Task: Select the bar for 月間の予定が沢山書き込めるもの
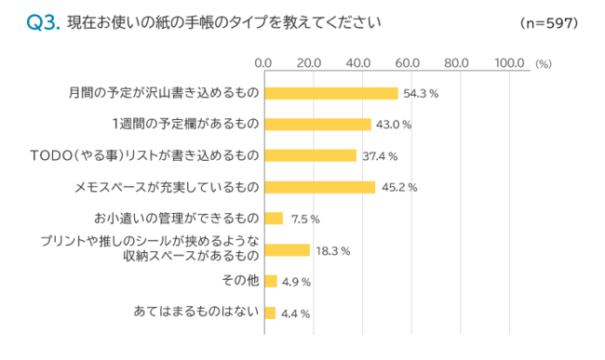[330, 93]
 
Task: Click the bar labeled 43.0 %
[317, 124]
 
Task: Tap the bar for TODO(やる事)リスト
[310, 155]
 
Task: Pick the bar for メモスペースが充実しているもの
[319, 187]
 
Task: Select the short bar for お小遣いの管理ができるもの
[274, 219]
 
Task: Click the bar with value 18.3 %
[287, 250]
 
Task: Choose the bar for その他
[270, 281]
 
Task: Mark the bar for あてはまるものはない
[270, 313]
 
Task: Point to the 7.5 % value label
[305, 220]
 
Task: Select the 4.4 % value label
[295, 313]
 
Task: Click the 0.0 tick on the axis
[263, 63]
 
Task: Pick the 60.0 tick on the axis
[407, 63]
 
